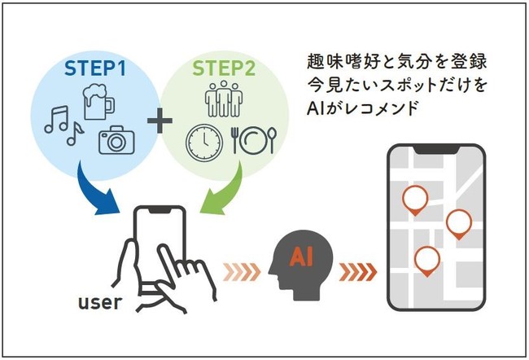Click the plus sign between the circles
tap(160, 122)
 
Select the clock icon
tap(203, 139)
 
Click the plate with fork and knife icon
tap(247, 139)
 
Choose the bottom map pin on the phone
tap(426, 260)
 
